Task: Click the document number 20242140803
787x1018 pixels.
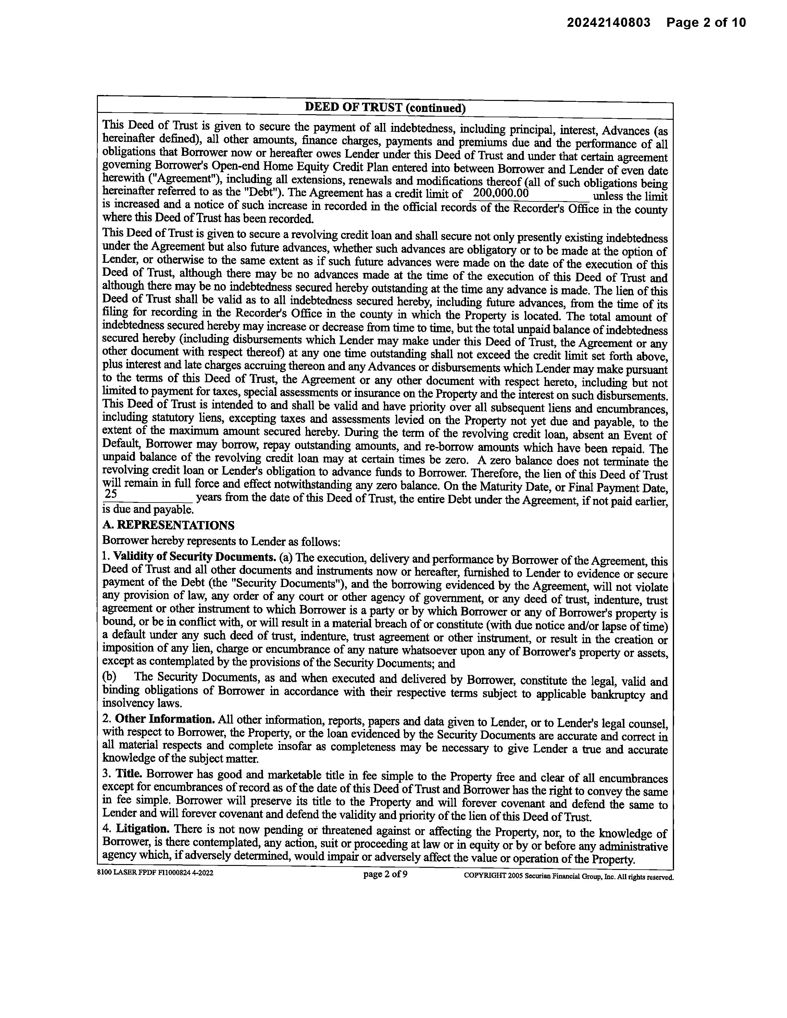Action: click(x=608, y=23)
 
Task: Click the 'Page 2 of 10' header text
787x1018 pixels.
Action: click(x=706, y=23)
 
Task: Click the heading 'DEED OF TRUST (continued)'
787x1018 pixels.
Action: click(x=385, y=108)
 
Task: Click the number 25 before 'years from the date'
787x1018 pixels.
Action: click(x=111, y=494)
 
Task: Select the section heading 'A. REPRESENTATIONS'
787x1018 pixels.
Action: click(x=168, y=525)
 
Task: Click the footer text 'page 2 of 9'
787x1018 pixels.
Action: click(x=385, y=874)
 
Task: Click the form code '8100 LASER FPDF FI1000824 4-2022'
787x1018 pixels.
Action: click(x=155, y=873)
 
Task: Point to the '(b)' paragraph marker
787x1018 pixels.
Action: click(x=109, y=676)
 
